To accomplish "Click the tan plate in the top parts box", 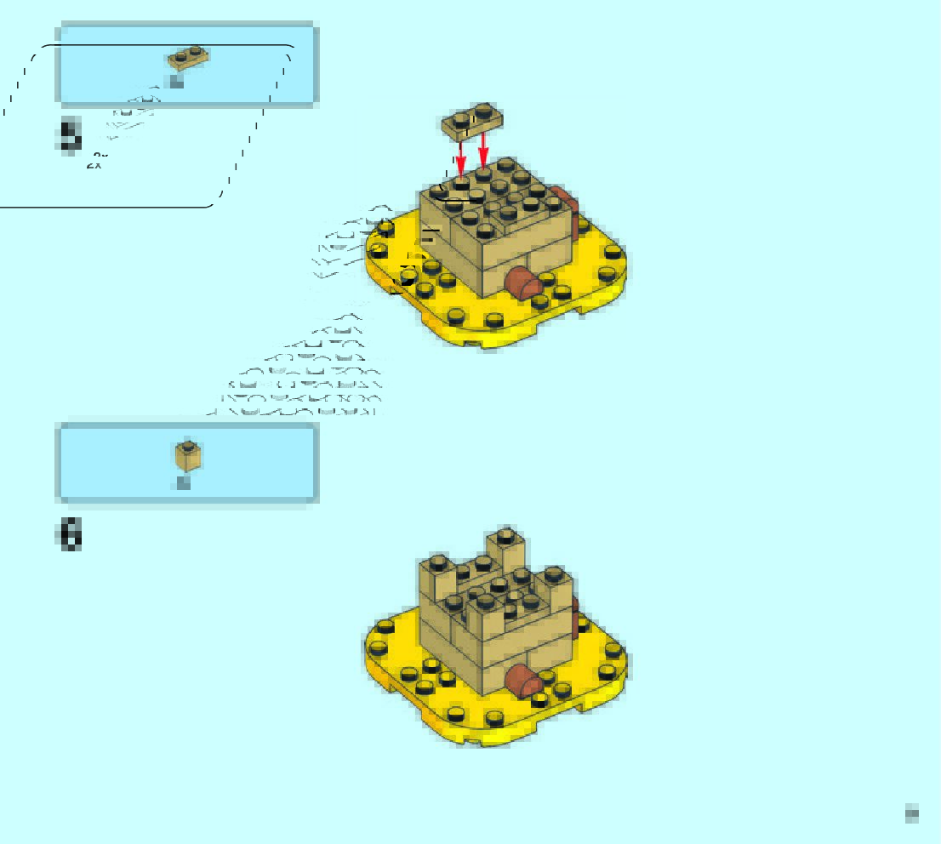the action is pos(188,59).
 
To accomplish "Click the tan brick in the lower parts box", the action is pos(189,456).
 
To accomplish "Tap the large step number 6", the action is pos(70,535).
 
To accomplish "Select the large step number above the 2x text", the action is pos(70,136).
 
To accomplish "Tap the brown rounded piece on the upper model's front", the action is pos(524,282).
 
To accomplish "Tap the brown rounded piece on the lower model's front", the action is pos(524,680).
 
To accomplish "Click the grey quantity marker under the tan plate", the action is pos(176,82).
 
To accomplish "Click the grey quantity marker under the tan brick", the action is pos(183,482).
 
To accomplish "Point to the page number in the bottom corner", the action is pos(912,813).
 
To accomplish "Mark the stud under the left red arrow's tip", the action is pos(461,181).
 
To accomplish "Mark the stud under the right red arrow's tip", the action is pos(483,174).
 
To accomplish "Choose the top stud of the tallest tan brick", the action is pos(505,535).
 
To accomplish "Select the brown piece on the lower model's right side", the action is pos(574,607).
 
